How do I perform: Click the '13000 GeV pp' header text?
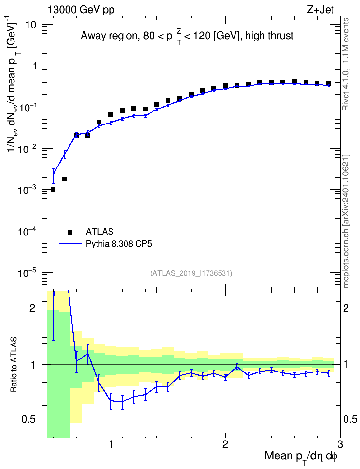click(x=81, y=10)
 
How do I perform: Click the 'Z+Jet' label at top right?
click(x=320, y=10)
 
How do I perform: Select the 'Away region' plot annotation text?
click(x=108, y=36)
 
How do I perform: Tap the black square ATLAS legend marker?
click(x=70, y=232)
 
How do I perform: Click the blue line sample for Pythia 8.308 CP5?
click(x=70, y=244)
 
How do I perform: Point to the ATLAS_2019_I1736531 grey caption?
click(x=191, y=273)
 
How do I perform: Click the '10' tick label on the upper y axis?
click(x=30, y=25)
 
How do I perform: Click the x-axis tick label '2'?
click(x=225, y=444)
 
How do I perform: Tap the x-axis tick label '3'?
click(x=340, y=444)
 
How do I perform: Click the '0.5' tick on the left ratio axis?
click(x=28, y=420)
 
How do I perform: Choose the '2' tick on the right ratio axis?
click(x=346, y=308)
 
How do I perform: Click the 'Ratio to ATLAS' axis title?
click(x=14, y=365)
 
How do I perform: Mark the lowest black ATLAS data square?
click(x=53, y=189)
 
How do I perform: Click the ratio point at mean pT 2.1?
click(x=237, y=367)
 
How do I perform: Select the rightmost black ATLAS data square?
click(x=328, y=83)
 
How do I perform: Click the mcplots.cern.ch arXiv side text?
click(x=346, y=221)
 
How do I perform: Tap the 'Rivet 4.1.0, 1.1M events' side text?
click(x=346, y=64)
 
